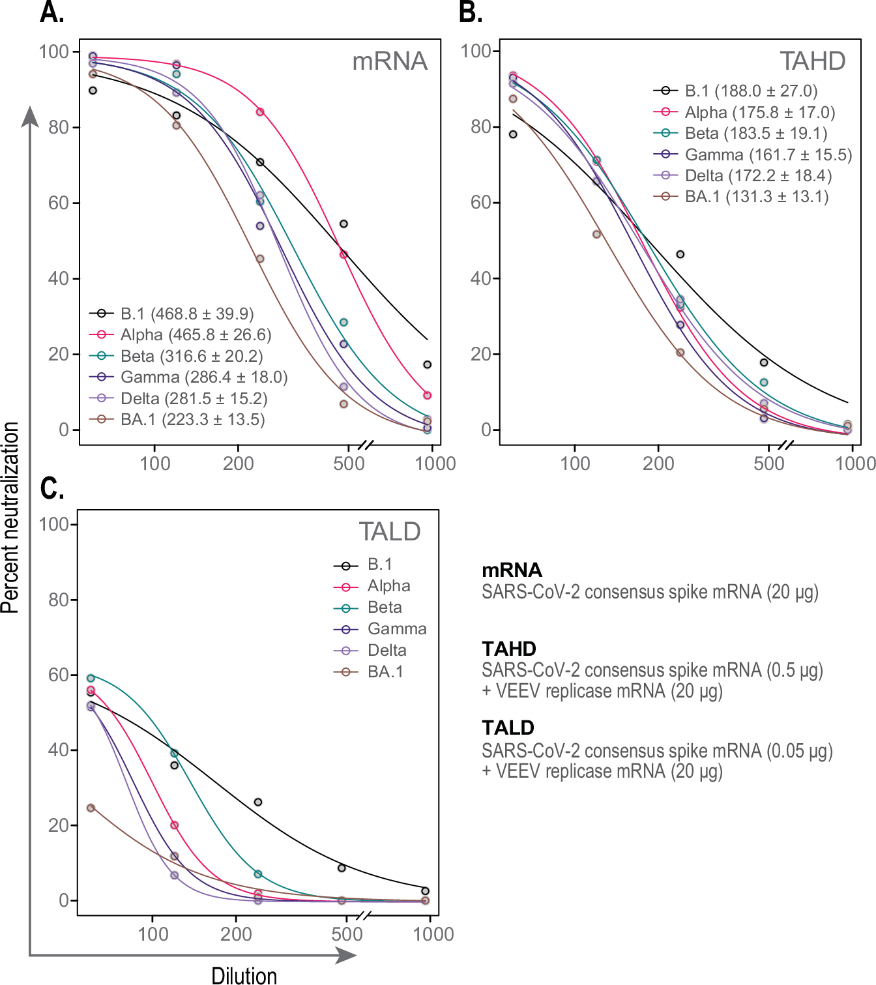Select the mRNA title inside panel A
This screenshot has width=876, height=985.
(x=390, y=61)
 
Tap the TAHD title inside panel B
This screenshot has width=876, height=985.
(x=812, y=61)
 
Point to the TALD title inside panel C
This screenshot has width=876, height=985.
(x=390, y=532)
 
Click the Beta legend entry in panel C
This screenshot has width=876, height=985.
(x=385, y=608)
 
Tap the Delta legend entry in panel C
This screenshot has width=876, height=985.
(x=387, y=651)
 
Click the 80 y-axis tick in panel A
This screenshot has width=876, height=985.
(x=59, y=127)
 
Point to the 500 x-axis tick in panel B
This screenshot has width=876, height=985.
(x=769, y=463)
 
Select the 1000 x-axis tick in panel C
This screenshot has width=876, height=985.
(x=433, y=934)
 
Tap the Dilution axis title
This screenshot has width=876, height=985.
(x=244, y=975)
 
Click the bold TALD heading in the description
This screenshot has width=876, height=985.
(x=508, y=728)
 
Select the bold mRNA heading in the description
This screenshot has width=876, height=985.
(x=512, y=570)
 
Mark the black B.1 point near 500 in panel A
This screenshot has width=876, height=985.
(x=343, y=224)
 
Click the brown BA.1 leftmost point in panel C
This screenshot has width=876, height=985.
(x=91, y=808)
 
